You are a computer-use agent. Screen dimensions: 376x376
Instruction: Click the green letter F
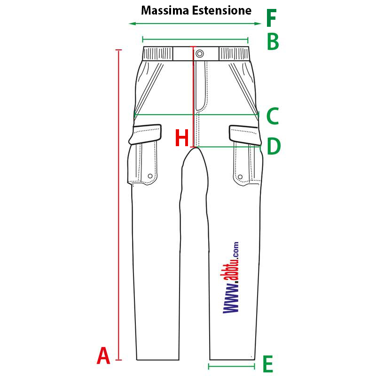pyautogui.click(x=272, y=18)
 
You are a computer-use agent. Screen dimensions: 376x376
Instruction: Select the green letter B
pyautogui.click(x=273, y=41)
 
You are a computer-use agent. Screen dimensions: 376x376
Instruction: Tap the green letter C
pyautogui.click(x=273, y=116)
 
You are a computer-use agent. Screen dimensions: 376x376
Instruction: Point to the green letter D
pyautogui.click(x=274, y=146)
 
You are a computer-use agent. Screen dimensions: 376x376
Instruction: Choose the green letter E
pyautogui.click(x=268, y=363)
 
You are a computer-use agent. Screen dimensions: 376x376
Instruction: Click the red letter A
pyautogui.click(x=103, y=355)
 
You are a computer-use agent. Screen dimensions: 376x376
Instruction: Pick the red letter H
pyautogui.click(x=182, y=137)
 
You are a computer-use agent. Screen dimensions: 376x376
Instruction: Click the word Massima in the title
pyautogui.click(x=165, y=10)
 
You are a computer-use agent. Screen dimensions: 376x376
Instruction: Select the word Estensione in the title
pyautogui.click(x=222, y=10)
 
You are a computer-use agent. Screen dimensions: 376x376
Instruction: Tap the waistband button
pyautogui.click(x=199, y=54)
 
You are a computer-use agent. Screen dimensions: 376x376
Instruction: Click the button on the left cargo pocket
pyautogui.click(x=150, y=176)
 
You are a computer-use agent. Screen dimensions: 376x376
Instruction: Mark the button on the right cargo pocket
pyautogui.click(x=240, y=177)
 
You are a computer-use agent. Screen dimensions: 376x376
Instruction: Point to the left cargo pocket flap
pyautogui.click(x=146, y=134)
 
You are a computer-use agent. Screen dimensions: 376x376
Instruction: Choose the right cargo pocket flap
pyautogui.click(x=244, y=135)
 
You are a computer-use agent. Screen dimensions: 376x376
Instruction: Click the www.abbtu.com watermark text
pyautogui.click(x=231, y=277)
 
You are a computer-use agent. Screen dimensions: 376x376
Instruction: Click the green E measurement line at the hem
pyautogui.click(x=231, y=366)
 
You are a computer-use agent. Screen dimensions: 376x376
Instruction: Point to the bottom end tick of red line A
pyautogui.click(x=118, y=360)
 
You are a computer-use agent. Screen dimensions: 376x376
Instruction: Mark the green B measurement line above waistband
pyautogui.click(x=195, y=39)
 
